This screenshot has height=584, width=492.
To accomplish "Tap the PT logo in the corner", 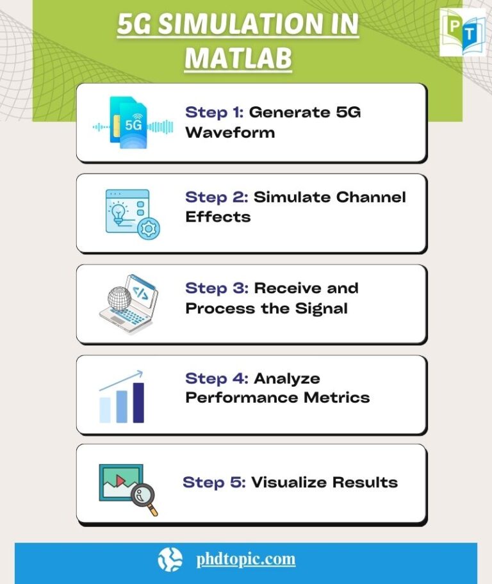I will [x=463, y=31].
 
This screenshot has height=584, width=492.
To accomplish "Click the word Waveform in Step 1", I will [x=230, y=133].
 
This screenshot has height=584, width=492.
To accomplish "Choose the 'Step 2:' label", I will [x=217, y=197].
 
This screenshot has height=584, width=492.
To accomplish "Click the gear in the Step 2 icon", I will [x=149, y=229].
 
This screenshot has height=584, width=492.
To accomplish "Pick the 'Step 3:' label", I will [x=217, y=288].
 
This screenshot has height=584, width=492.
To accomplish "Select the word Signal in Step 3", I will [x=322, y=308].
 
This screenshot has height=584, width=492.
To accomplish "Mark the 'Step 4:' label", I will [x=217, y=378].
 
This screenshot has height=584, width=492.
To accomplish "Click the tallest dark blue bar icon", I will [x=138, y=403].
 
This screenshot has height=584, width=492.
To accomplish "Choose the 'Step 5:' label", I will [x=214, y=482].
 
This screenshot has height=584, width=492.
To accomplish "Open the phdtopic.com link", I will [x=246, y=559].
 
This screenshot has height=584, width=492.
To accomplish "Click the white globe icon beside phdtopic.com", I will [x=170, y=559].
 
